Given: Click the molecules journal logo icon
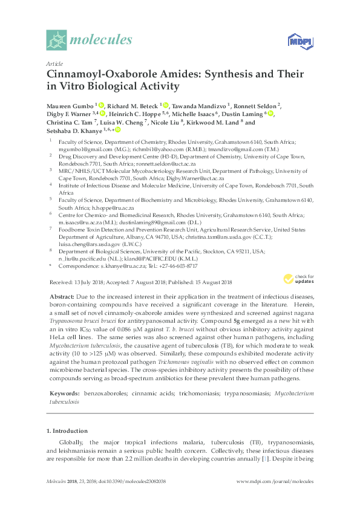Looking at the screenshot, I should coord(57,40).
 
